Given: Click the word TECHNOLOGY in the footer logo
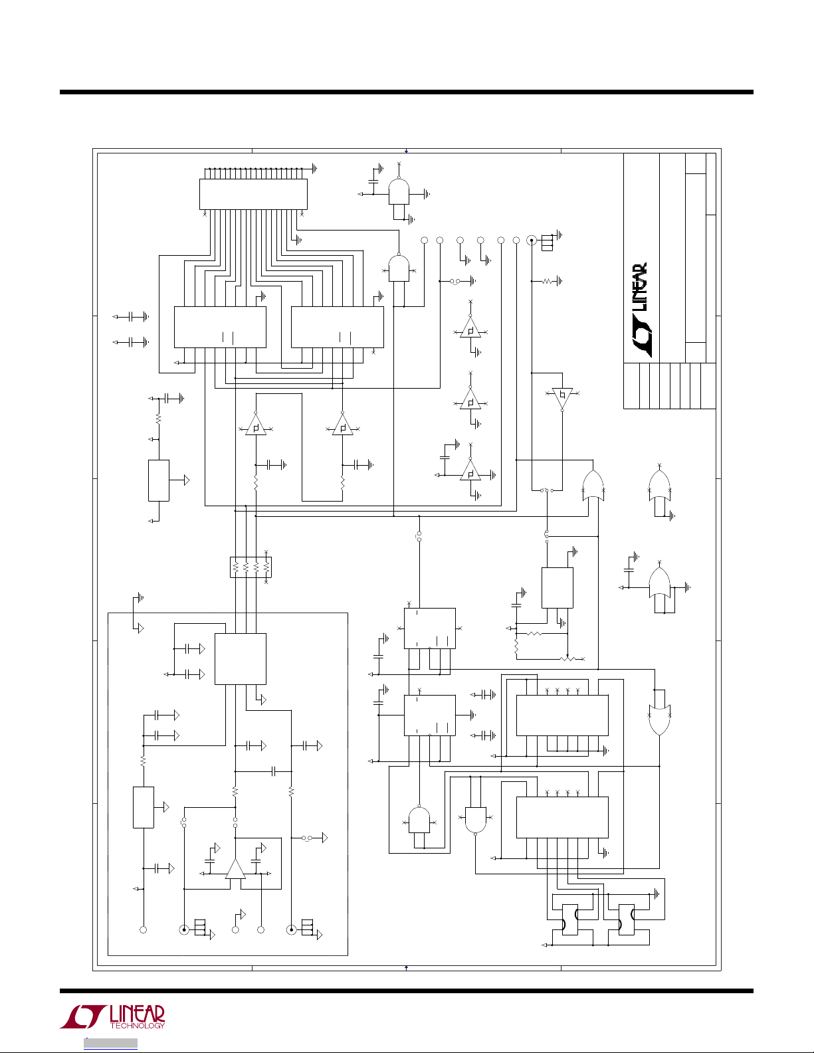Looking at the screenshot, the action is (x=138, y=1025).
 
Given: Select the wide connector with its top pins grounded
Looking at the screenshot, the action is (x=253, y=194).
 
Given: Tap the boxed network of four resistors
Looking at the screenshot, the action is (x=251, y=567).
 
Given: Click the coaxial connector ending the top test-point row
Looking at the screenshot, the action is (x=532, y=240).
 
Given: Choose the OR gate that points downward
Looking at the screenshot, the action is (x=659, y=719).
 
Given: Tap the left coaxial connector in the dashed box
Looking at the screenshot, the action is (x=184, y=929).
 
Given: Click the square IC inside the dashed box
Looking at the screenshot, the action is (x=241, y=659).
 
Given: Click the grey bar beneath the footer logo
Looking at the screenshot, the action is (x=110, y=1043).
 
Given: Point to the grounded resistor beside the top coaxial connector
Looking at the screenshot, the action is (x=547, y=281).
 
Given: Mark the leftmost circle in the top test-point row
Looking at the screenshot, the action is (x=425, y=240).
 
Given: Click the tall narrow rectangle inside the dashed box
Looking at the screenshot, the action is (x=144, y=807).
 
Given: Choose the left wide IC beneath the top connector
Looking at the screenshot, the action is (x=220, y=327).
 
